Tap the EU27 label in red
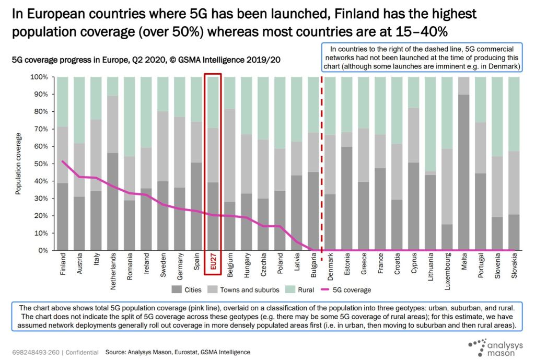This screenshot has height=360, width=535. click(x=213, y=263)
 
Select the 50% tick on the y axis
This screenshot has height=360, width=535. click(x=41, y=164)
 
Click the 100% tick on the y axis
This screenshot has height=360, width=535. click(x=39, y=77)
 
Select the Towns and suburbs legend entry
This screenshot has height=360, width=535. click(x=242, y=289)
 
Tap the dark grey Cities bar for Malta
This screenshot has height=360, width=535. click(x=464, y=172)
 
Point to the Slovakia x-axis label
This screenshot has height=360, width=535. click(x=514, y=264)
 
